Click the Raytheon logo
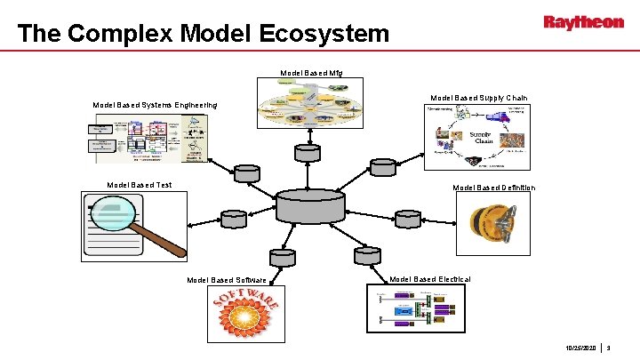(583, 22)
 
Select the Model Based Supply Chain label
(478, 98)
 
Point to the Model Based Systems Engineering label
(156, 105)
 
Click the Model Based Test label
(139, 185)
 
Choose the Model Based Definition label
(493, 188)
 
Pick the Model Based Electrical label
(430, 279)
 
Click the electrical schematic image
(415, 308)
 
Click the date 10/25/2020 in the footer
(580, 348)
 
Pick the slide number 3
(611, 348)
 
